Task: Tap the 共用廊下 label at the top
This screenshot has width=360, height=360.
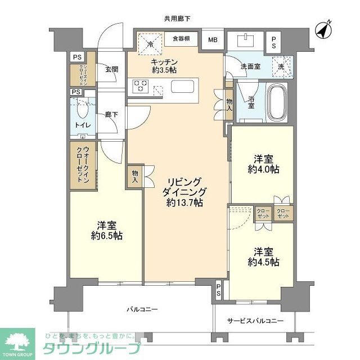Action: [x=177, y=19]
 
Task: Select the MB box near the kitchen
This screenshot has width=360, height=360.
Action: [x=213, y=40]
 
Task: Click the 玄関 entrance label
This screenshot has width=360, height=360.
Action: [x=111, y=70]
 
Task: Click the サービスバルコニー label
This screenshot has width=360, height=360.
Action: [x=255, y=321]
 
